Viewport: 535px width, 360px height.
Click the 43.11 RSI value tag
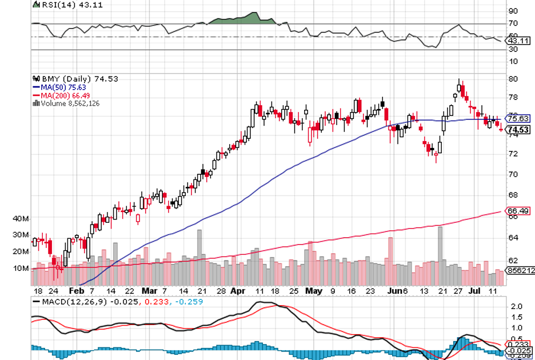517,41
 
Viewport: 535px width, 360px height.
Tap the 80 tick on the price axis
513,79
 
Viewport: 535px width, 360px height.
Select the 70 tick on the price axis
513,174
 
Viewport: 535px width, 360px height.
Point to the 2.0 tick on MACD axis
516,307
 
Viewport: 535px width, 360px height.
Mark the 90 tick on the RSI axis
513,11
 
